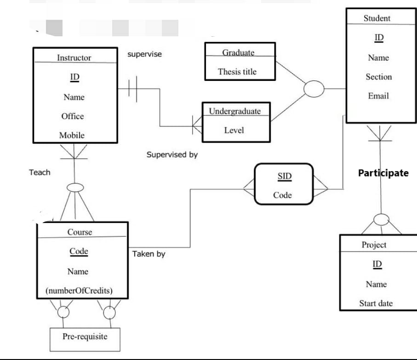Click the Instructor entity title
(74, 58)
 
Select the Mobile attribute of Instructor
(72, 135)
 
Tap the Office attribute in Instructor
(73, 116)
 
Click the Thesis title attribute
(237, 72)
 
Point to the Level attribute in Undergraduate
(234, 130)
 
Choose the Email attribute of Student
(378, 96)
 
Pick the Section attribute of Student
(379, 77)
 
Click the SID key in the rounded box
(285, 176)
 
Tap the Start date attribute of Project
(376, 303)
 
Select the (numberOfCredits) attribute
(79, 291)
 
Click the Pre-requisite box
(85, 337)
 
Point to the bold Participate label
(383, 173)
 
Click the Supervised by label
(172, 154)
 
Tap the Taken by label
(149, 254)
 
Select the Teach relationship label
(40, 172)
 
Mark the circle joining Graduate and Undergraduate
(314, 88)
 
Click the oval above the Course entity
(75, 188)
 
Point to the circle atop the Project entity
(381, 220)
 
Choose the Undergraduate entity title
(234, 111)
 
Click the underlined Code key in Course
(79, 251)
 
